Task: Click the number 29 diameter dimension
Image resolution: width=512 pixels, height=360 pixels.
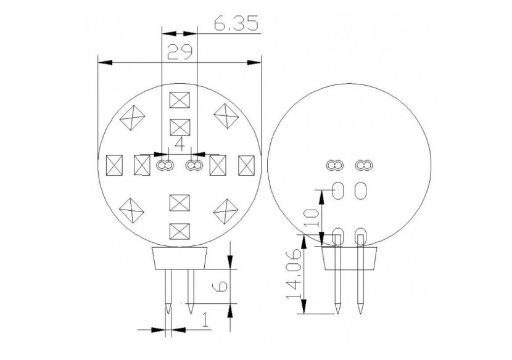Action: (x=178, y=53)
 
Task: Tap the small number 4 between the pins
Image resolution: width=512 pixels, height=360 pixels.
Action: (x=180, y=144)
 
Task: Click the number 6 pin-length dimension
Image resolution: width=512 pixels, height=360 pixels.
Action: (x=223, y=286)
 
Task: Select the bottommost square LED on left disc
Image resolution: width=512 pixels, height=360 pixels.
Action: (x=179, y=231)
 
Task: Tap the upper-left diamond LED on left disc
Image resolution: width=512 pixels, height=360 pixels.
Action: (x=133, y=116)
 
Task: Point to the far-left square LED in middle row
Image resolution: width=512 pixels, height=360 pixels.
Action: (x=115, y=165)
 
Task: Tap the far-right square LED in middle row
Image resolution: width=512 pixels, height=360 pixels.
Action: (x=246, y=165)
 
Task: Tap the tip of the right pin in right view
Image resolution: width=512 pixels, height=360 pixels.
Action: (x=360, y=311)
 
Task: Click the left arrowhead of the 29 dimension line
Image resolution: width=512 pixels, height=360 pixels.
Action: (x=103, y=62)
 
